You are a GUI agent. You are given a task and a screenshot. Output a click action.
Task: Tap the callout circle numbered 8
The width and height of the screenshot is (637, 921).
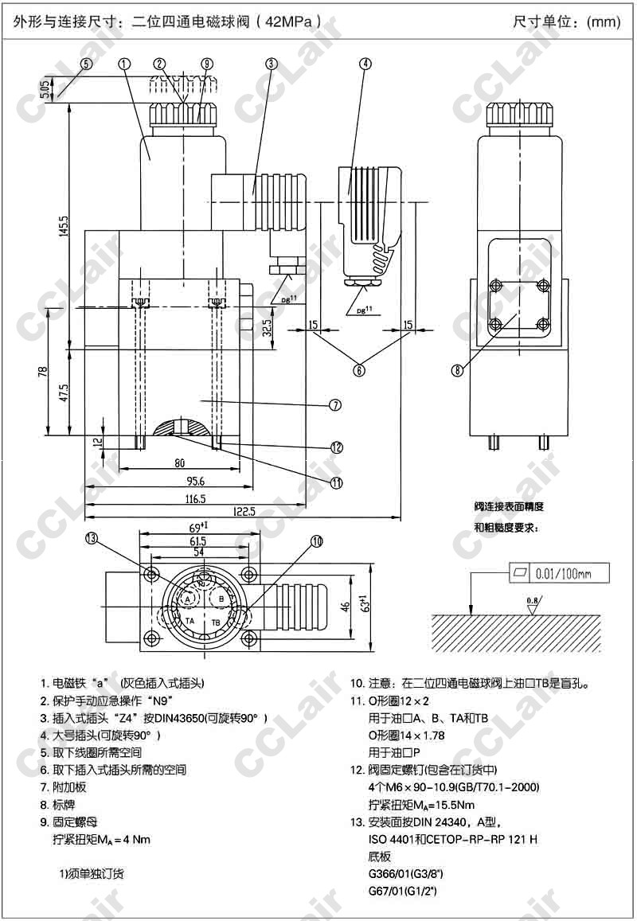click(456, 369)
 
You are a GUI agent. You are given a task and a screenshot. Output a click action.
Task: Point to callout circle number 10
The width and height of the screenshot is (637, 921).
click(317, 541)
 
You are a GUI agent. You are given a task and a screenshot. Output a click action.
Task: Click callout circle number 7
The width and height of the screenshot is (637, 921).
click(335, 404)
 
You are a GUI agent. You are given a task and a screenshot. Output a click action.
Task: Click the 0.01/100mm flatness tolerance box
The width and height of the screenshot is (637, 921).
click(558, 572)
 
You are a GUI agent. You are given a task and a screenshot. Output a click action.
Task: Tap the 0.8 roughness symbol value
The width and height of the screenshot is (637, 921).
click(531, 597)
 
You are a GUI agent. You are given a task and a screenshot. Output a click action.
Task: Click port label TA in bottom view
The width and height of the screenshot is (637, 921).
click(190, 620)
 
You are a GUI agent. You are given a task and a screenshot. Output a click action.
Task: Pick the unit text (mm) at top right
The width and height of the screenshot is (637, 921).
click(603, 21)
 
